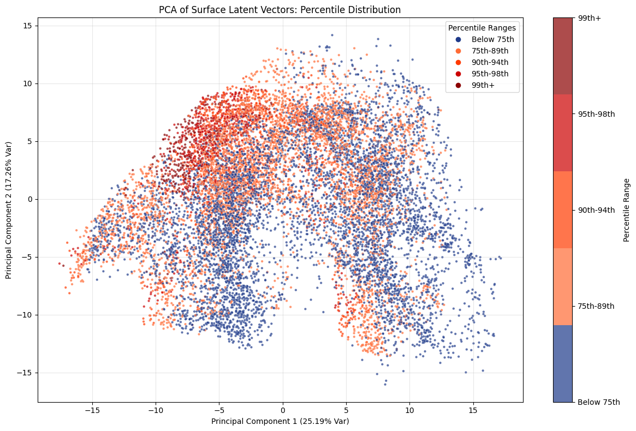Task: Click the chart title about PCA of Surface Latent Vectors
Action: point(280,10)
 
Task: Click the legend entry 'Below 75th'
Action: point(492,39)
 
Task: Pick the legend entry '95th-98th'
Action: point(490,74)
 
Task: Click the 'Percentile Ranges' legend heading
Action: point(482,28)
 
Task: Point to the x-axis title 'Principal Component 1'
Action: point(280,421)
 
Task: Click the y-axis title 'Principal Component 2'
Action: point(9,210)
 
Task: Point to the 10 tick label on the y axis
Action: point(27,83)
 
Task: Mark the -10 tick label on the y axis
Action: point(25,315)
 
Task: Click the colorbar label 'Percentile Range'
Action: point(626,210)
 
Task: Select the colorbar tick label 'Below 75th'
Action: point(599,403)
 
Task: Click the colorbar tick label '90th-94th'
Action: point(597,210)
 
